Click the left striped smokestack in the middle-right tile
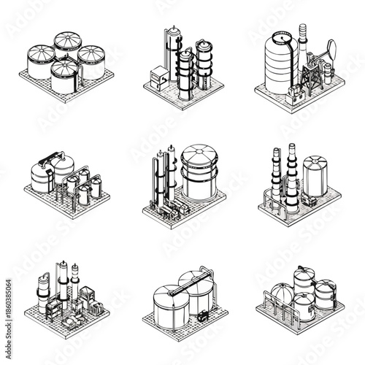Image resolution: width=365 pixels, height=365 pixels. pyautogui.click(x=277, y=175)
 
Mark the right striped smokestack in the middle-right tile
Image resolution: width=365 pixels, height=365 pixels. pyautogui.click(x=292, y=175)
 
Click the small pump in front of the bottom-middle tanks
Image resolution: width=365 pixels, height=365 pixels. pyautogui.click(x=201, y=317)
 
